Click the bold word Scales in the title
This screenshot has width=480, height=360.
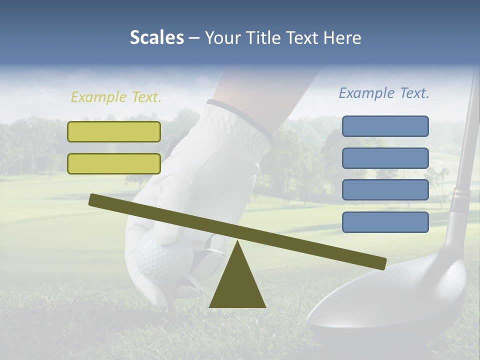point(156,38)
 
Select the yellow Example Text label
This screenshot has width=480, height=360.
point(116,97)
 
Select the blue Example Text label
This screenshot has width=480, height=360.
point(384,93)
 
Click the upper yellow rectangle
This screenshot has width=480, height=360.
point(114,131)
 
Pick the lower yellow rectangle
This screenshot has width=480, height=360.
point(114,163)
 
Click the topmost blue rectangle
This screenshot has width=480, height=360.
point(385,126)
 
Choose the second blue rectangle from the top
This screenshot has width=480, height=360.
point(385,158)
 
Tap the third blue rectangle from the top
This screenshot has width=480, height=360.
point(385,190)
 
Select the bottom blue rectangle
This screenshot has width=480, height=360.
point(385,222)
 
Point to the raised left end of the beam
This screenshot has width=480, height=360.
point(95,199)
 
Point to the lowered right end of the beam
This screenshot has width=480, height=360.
point(380,263)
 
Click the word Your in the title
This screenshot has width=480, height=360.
point(221,38)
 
